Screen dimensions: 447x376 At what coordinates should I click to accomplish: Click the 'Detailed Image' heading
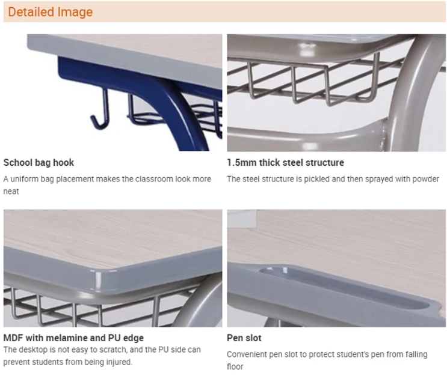pyautogui.click(x=50, y=12)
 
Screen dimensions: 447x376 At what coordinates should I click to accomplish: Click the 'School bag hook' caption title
pyautogui.click(x=39, y=163)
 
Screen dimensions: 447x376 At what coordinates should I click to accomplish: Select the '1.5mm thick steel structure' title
pyautogui.click(x=285, y=163)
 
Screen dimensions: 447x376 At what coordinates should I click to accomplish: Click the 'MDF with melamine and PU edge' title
pyautogui.click(x=73, y=338)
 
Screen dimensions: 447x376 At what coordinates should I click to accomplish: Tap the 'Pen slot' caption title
pyautogui.click(x=244, y=338)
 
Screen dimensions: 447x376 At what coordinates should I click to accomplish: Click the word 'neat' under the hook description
pyautogui.click(x=11, y=191)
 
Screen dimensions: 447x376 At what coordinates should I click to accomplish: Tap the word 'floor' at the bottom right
pyautogui.click(x=235, y=366)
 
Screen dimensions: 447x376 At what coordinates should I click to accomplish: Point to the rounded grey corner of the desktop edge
pyautogui.click(x=97, y=280)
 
